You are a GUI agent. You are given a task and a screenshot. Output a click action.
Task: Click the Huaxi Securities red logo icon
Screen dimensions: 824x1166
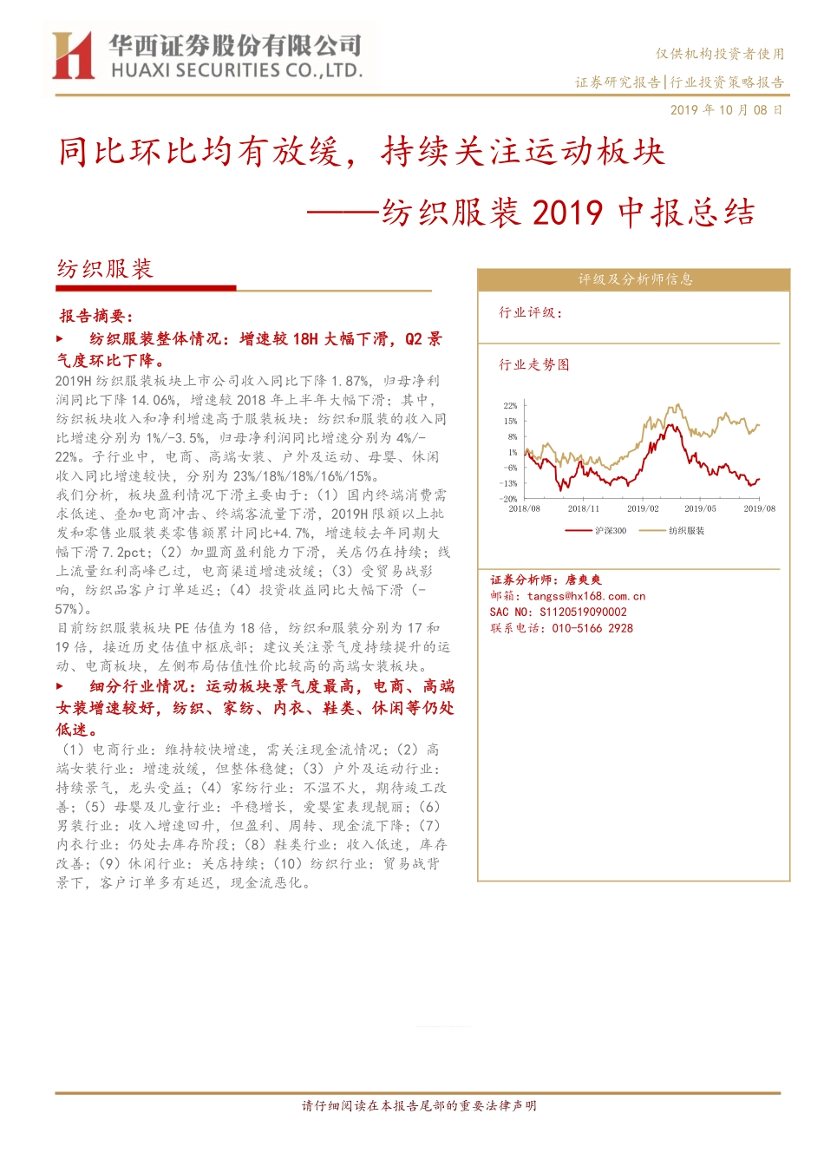(73, 56)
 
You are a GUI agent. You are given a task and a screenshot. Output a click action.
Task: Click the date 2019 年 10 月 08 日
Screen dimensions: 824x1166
(727, 110)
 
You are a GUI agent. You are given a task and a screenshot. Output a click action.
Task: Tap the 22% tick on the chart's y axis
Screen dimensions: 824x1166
(510, 405)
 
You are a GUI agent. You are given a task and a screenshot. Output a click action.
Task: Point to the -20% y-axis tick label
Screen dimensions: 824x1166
(509, 499)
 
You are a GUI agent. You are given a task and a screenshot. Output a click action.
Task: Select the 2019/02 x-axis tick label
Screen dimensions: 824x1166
(643, 509)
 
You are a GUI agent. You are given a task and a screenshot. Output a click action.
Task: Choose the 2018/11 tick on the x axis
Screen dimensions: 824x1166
(583, 509)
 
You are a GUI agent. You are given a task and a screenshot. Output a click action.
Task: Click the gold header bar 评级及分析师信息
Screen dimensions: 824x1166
(634, 279)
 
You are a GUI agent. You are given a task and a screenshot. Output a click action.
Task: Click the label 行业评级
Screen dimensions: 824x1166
(530, 312)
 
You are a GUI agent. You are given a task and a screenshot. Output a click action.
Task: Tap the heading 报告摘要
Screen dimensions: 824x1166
(96, 316)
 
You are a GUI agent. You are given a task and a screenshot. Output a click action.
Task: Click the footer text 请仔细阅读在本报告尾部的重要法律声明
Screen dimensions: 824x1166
(419, 1105)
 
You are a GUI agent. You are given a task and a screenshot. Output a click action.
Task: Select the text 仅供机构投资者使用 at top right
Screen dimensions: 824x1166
(720, 54)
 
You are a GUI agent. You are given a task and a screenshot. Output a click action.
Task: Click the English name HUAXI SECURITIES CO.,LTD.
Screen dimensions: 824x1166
(236, 70)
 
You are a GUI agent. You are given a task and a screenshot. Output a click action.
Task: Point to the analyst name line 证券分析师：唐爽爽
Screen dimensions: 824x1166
(546, 580)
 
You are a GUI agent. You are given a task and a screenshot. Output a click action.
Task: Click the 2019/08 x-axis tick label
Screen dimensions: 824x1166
(759, 509)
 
